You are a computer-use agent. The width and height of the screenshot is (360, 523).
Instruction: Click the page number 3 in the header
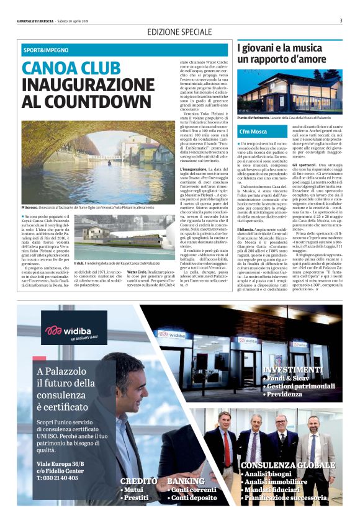341,20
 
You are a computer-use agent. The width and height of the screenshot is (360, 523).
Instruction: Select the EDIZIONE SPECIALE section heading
179,31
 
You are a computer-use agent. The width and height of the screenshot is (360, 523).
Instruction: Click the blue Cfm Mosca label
254,132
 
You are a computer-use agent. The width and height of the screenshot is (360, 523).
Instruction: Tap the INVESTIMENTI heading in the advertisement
292,369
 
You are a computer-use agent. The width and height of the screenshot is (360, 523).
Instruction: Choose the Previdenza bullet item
289,393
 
